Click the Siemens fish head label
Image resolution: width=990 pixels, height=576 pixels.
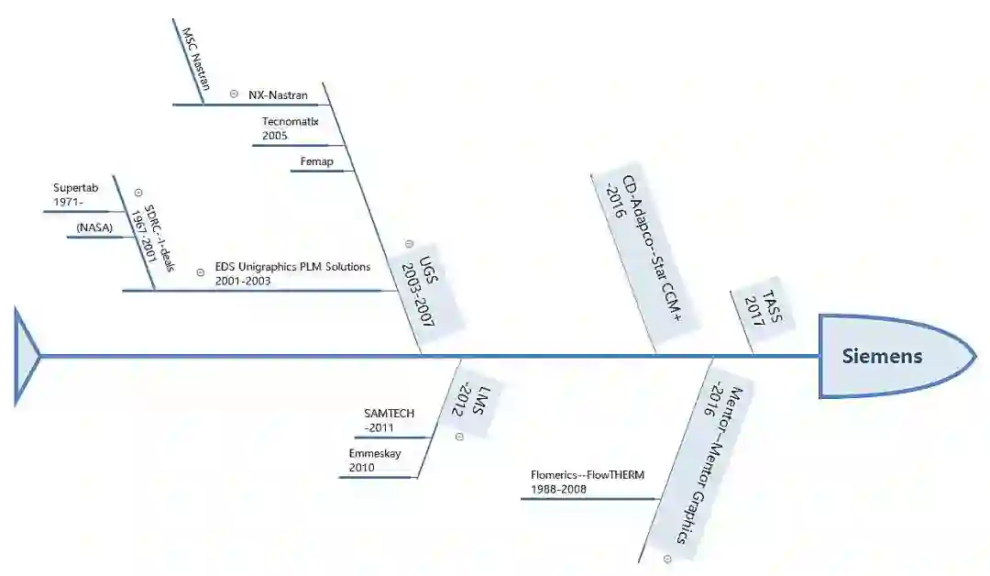pos(882,356)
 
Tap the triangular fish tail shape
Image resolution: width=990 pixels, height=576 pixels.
pos(27,356)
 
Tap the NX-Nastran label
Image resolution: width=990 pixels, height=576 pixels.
pos(278,94)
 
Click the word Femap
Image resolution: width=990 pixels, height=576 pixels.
pos(317,162)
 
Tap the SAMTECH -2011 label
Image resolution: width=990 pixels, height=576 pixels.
pos(389,420)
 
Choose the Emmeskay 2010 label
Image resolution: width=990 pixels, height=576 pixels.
pos(375,460)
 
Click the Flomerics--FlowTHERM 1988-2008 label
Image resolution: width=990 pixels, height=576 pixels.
pos(588,482)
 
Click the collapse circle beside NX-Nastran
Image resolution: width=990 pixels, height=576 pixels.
pos(234,94)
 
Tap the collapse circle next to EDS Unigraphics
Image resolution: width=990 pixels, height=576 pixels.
pos(200,272)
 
